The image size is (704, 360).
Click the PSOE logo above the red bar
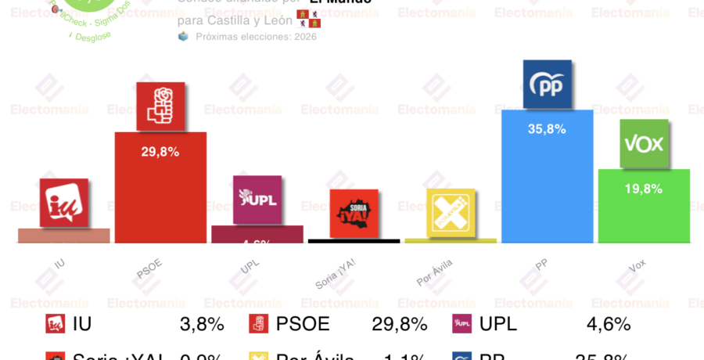point(160,106)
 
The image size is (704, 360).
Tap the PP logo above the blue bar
point(547,85)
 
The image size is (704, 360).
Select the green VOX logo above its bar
point(644,143)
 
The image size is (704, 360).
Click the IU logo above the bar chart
point(64,203)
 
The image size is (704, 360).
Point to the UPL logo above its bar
point(257,200)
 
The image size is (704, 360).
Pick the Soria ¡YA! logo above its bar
point(354,213)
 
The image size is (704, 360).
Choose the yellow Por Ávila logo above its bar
point(451,212)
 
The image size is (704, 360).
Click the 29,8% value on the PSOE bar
point(160,152)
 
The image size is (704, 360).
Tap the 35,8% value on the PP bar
point(547,129)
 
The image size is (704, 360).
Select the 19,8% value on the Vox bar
point(644,189)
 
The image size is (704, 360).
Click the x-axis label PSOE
point(149,268)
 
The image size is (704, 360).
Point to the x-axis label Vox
point(638,265)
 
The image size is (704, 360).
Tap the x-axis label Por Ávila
point(435,272)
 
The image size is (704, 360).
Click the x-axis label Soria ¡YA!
point(336,274)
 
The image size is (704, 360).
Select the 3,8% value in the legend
point(202,324)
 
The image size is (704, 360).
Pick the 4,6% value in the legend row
point(609,324)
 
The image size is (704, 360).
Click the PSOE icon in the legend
point(259,324)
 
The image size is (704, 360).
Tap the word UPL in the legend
point(498,324)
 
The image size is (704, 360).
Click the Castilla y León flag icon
point(308,19)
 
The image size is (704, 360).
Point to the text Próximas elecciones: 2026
point(256,37)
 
